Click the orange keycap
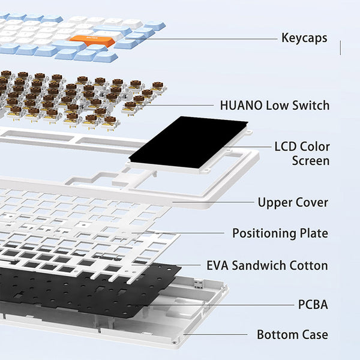point(92,41)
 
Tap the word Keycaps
point(304,38)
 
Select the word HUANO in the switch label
point(241,106)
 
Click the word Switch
point(311,106)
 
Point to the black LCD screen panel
point(188,142)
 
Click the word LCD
point(286,147)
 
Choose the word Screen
point(311,160)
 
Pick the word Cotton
point(308,265)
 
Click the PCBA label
point(313,305)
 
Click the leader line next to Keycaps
point(201,39)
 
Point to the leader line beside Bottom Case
point(215,334)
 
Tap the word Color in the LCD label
point(315,147)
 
